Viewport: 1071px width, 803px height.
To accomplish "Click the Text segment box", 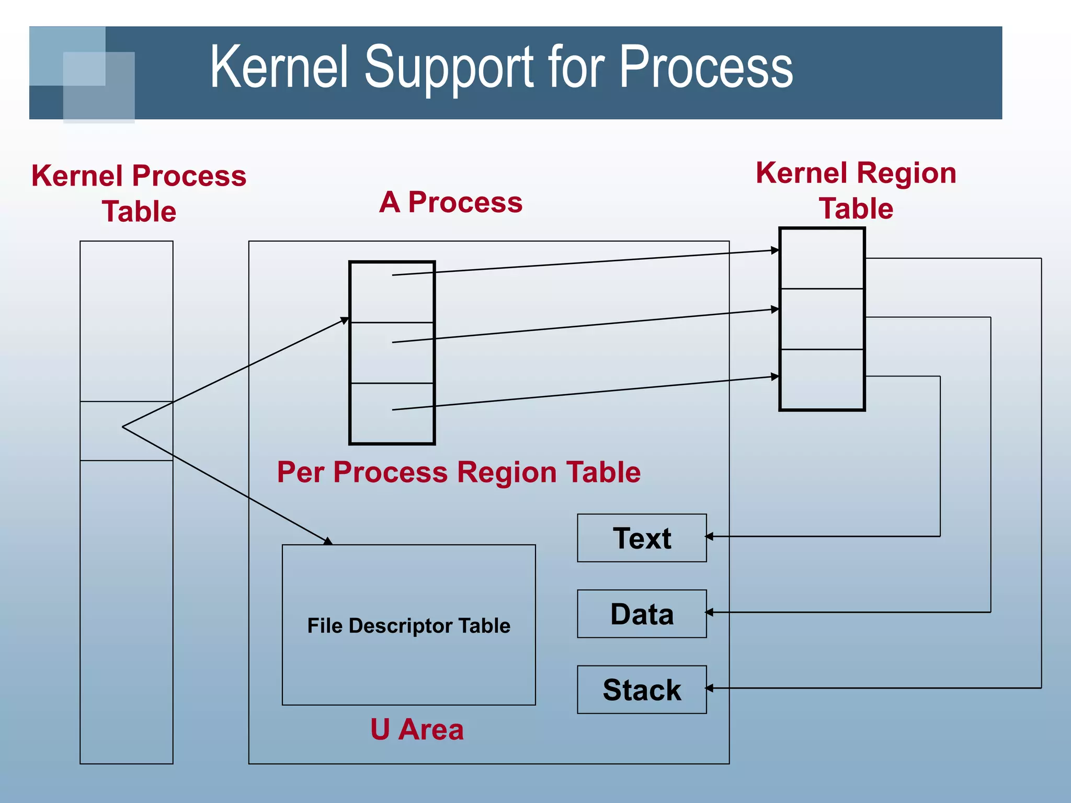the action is coord(642,538).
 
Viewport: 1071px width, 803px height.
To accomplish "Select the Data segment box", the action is coord(642,614).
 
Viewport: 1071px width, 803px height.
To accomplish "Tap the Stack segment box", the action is coord(642,690).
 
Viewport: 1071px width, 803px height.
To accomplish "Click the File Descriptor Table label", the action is coord(408,626).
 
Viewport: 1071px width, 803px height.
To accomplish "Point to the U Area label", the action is coord(417,729).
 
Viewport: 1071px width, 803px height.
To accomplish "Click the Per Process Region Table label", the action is coord(459,472).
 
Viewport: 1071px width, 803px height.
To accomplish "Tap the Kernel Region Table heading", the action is coord(856,190).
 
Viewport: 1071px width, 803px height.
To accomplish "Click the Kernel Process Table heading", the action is coord(139,193).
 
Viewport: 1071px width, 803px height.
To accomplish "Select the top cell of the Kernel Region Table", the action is coord(822,259).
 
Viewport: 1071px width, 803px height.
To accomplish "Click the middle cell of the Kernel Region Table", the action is coord(822,319).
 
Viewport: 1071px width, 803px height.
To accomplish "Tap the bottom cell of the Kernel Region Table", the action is coord(822,379).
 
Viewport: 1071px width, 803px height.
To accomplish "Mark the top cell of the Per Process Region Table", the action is coord(392,292).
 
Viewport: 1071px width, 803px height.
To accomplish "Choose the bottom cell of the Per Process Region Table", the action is coord(392,413).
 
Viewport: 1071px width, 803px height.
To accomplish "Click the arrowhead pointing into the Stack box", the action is coord(709,688).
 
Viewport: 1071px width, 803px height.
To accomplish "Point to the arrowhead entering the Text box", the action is coord(709,536).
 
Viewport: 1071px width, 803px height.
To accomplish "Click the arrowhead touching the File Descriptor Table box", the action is coord(328,542).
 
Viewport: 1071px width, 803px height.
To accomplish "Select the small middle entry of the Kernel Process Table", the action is coord(127,431).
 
